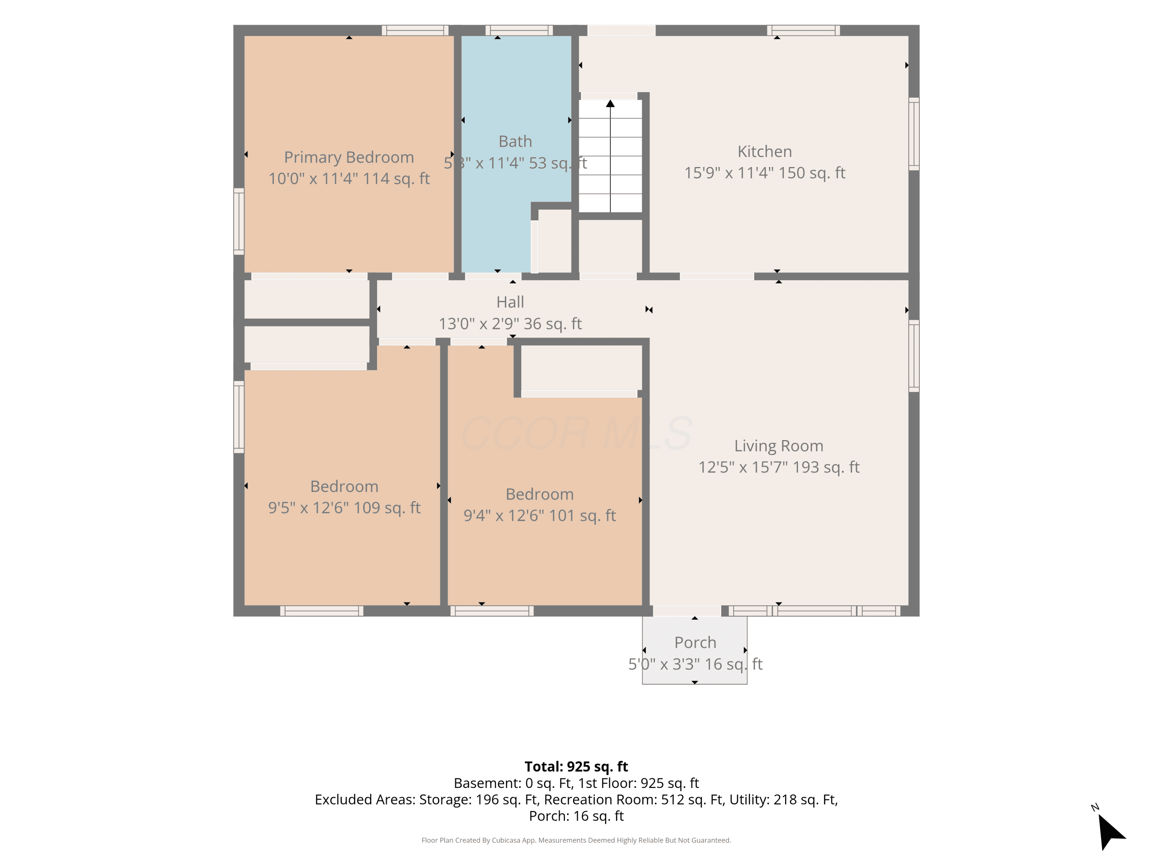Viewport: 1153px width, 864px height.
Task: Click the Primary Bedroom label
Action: coord(349,157)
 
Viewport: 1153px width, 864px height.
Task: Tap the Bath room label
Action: coord(515,141)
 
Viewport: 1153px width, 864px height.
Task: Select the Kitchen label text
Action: coord(765,152)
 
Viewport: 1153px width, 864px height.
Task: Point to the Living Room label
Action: coord(779,446)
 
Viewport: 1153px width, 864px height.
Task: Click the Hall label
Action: coord(510,302)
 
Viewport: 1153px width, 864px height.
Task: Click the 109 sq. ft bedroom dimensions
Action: coord(344,508)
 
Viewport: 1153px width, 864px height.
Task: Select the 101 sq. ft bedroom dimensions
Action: coord(540,516)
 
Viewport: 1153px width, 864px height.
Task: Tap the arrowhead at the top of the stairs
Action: coord(610,104)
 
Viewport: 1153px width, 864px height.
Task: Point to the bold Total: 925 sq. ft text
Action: coord(576,766)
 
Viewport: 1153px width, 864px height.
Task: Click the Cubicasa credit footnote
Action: coord(576,840)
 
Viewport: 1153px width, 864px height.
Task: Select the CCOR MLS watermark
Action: coord(576,433)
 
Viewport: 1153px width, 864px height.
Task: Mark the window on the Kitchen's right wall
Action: coord(914,134)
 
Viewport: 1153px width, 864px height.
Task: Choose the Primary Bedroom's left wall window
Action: coord(239,221)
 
